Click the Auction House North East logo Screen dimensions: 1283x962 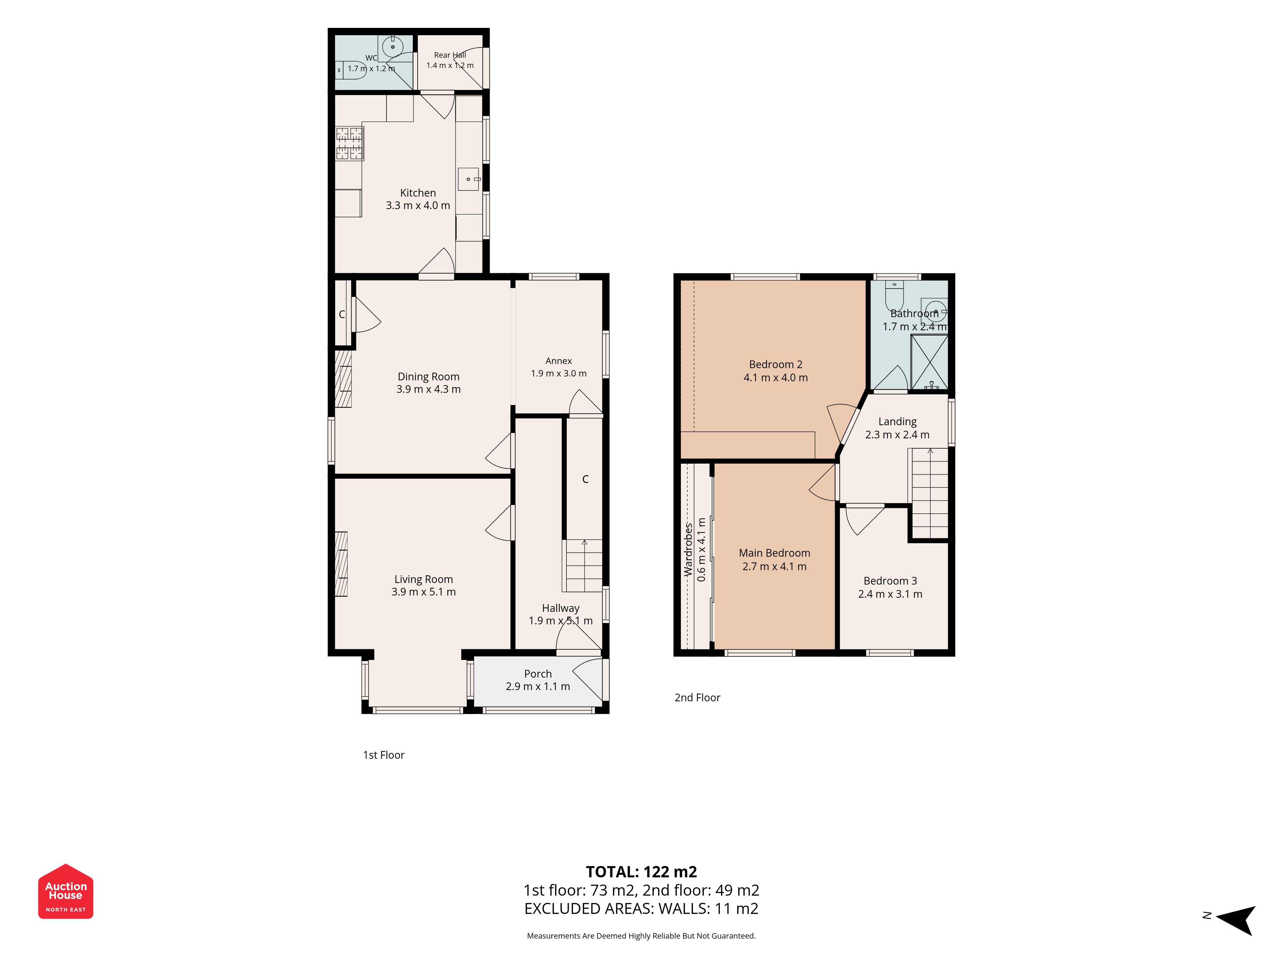[65, 891]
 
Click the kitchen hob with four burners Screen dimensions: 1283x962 [350, 143]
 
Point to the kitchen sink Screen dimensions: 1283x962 [469, 179]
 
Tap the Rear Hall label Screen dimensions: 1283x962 [450, 55]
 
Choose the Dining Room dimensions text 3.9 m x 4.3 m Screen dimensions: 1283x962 [429, 389]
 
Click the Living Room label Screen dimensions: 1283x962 [423, 579]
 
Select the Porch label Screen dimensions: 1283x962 [538, 674]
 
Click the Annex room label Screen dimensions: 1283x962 [558, 361]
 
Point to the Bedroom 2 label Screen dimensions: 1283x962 [776, 364]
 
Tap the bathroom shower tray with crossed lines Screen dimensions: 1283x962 [930, 362]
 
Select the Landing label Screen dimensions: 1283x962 [897, 422]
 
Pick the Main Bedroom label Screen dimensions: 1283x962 [774, 553]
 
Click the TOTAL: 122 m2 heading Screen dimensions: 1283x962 [641, 872]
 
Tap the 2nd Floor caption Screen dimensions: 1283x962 [697, 697]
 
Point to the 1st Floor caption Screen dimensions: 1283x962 [383, 755]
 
